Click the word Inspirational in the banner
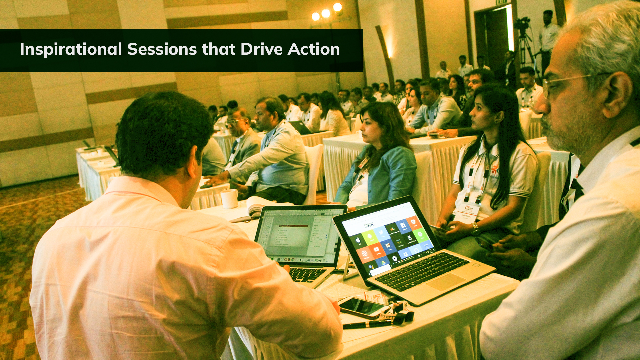[71, 49]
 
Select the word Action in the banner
[314, 49]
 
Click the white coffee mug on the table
[230, 199]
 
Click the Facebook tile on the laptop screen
[404, 226]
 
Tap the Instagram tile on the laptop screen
[365, 254]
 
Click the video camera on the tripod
[522, 23]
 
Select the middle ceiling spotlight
[326, 13]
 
